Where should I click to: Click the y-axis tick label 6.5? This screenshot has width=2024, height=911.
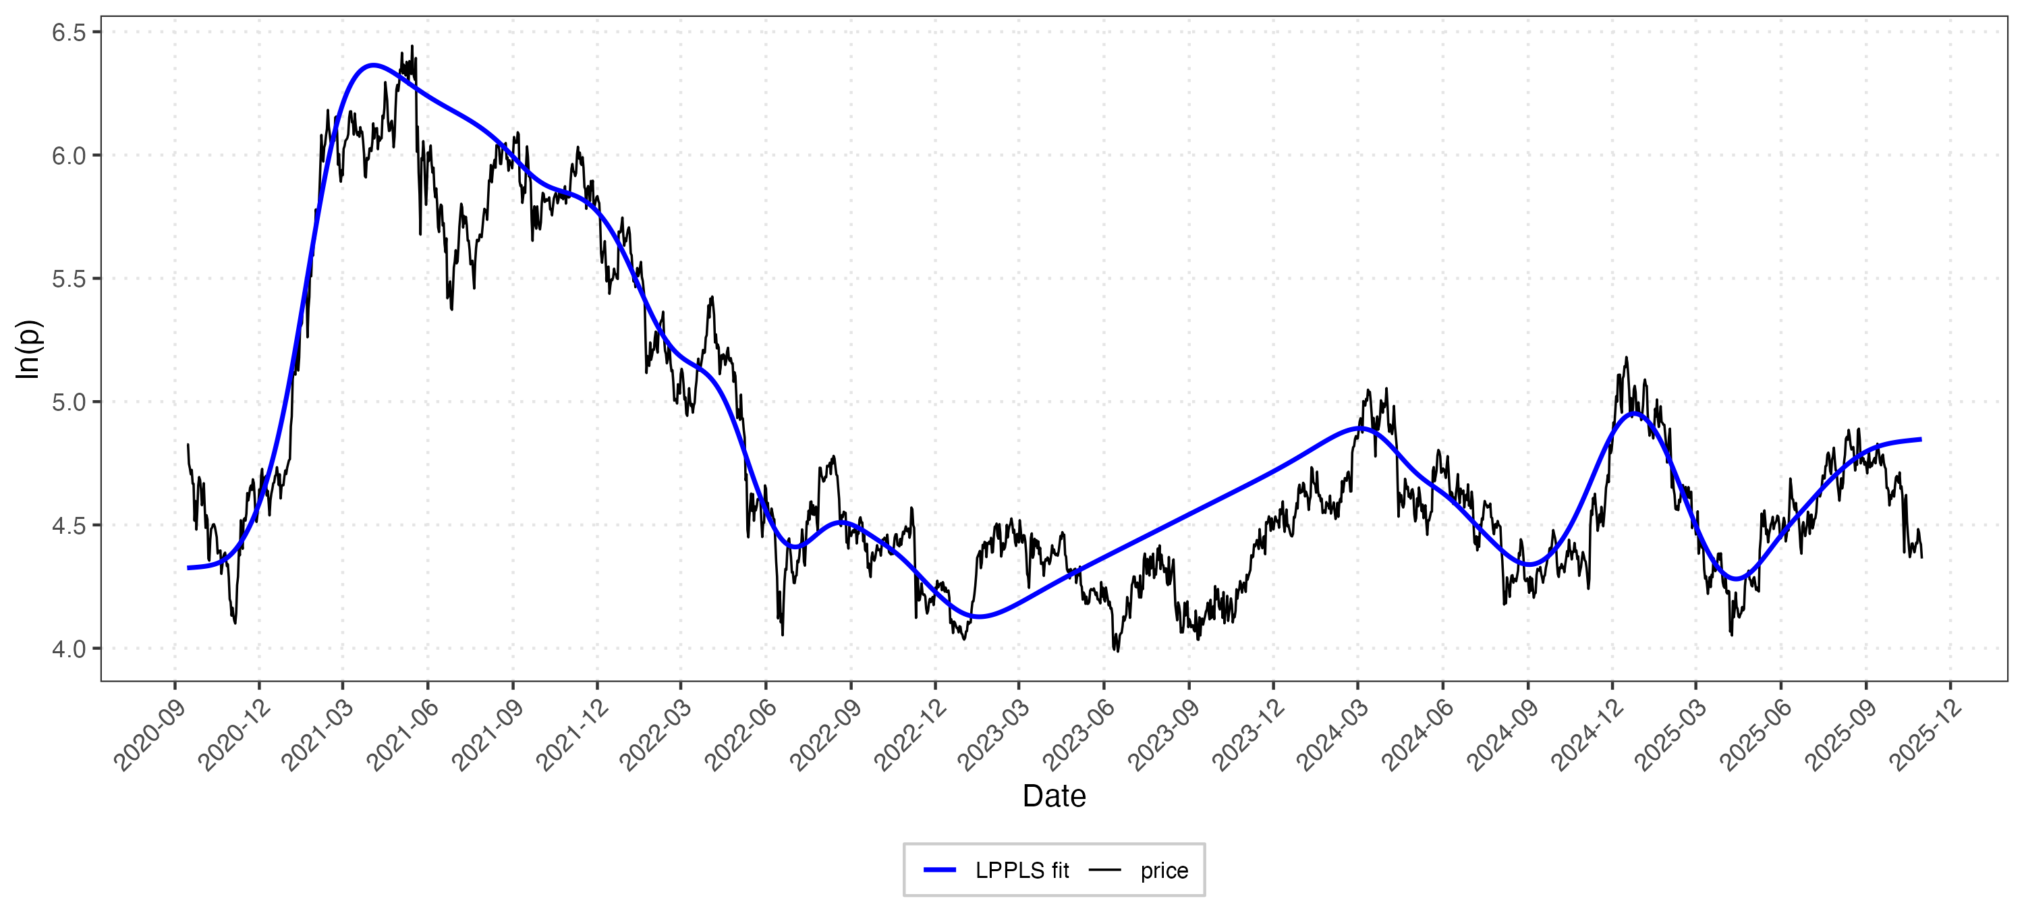coord(67,32)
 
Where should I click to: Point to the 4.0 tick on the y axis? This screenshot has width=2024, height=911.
coord(67,648)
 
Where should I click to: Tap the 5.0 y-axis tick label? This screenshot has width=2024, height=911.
coord(67,402)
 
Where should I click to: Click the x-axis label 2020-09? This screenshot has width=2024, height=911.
coord(150,735)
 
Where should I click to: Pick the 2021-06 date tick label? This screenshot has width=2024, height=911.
coord(403,735)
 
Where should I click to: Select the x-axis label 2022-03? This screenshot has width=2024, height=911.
coord(656,735)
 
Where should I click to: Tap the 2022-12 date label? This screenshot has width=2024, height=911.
coord(911,735)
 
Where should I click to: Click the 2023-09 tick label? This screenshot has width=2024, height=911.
coord(1164,735)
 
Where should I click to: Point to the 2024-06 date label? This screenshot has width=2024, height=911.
coord(1418,735)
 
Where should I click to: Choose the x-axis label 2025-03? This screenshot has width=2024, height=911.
coord(1671,735)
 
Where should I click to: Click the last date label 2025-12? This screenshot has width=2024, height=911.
coord(1925,735)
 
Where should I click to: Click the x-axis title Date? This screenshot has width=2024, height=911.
coord(1054,796)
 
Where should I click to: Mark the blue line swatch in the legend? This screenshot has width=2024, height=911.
coord(940,870)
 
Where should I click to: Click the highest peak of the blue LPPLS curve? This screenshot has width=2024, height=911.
coord(373,65)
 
